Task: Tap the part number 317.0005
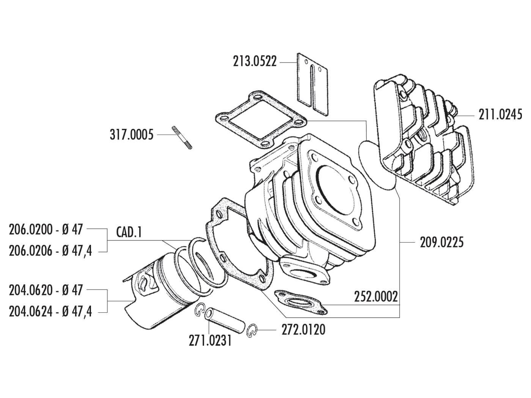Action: (x=131, y=135)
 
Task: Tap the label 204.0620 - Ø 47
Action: (x=46, y=291)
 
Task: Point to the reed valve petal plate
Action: (x=311, y=80)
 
